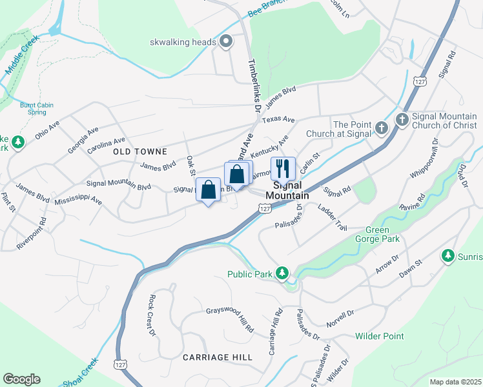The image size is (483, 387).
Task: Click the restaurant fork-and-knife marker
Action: pos(283,169)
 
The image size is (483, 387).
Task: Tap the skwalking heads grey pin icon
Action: pos(226,43)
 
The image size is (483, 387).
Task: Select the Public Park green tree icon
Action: pos(282,273)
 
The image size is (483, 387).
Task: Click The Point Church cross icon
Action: pos(381,128)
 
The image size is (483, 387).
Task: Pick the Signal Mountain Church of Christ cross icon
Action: pos(402,119)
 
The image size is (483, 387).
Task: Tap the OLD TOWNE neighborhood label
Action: pos(139,152)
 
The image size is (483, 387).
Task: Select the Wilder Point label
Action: pos(380,336)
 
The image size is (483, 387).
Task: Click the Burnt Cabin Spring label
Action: pos(37,108)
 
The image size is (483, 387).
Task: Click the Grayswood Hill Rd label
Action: pos(230,319)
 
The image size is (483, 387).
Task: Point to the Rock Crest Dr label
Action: pos(152,315)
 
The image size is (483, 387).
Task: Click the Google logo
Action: pos(21,379)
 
